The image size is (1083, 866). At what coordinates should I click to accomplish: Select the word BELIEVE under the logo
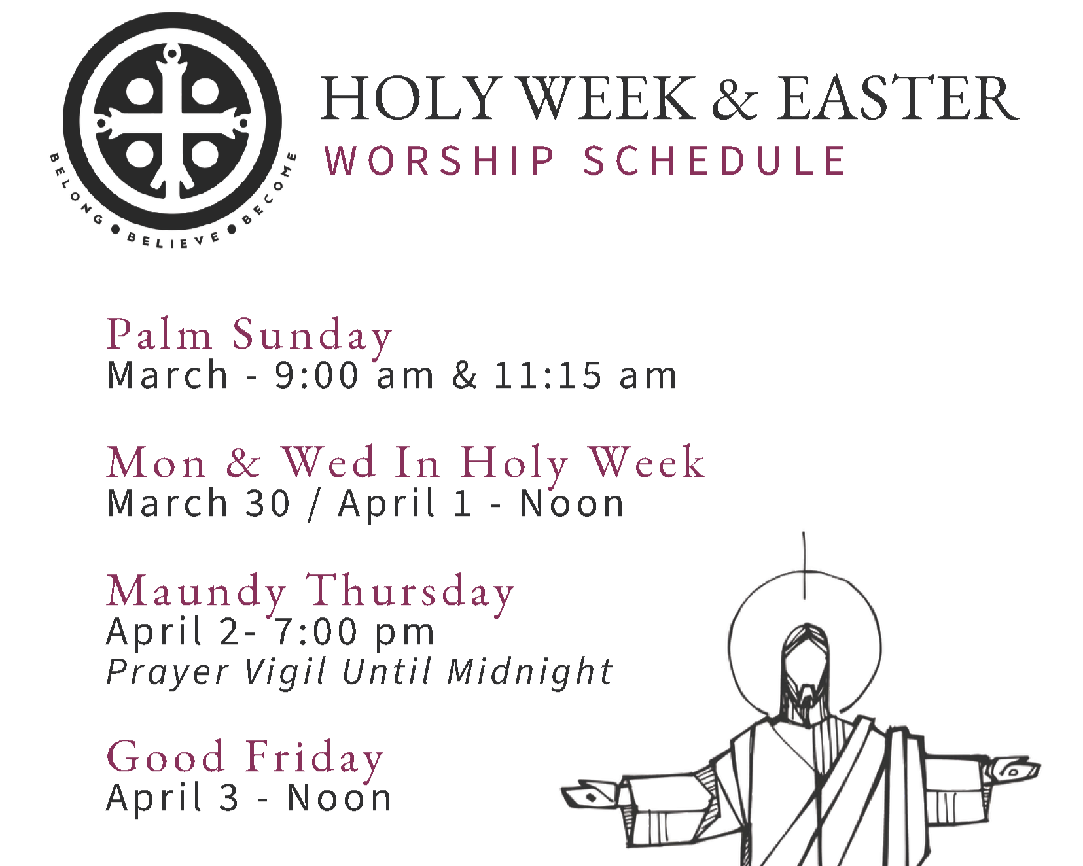pos(173,240)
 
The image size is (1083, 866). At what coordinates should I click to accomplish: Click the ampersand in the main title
pos(735,99)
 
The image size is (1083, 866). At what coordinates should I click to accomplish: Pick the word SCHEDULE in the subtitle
pos(715,161)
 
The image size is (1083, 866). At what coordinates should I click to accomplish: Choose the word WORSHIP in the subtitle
pos(440,161)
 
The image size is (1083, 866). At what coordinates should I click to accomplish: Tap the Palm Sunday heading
pos(249,335)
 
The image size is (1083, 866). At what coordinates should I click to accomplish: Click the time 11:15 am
pos(585,375)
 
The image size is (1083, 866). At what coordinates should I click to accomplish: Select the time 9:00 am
pos(354,375)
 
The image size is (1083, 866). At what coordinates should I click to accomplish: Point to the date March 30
pos(198,504)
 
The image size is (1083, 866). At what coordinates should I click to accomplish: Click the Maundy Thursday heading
pos(310,591)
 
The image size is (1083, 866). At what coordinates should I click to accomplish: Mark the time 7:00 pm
pos(354,632)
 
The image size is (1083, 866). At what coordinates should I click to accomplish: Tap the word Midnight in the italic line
pos(529,672)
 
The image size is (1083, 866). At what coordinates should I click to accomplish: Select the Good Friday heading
pos(245,757)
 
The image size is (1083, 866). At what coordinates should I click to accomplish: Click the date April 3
pos(172,798)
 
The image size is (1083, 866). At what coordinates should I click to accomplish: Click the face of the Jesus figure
pos(805,674)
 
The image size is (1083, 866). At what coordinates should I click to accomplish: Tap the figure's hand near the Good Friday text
pos(589,795)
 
